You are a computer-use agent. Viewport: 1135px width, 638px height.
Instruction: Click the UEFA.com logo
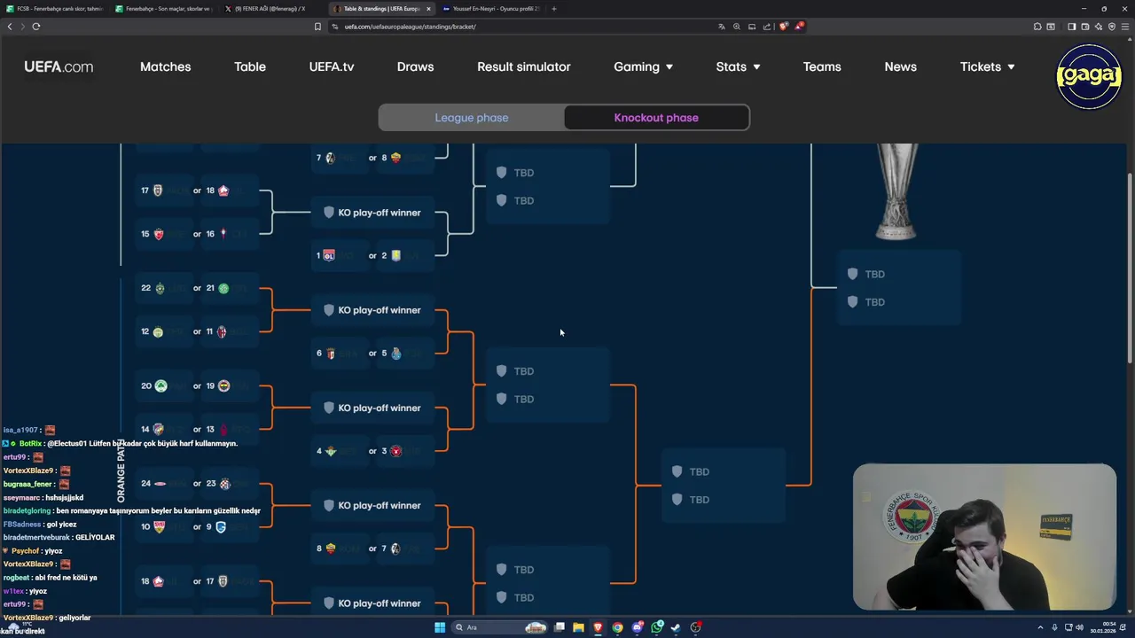coord(59,67)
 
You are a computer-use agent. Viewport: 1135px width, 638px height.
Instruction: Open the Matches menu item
coord(165,67)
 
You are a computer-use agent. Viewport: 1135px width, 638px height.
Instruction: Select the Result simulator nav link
coord(523,67)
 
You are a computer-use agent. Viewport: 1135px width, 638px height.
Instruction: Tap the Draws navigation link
coord(415,67)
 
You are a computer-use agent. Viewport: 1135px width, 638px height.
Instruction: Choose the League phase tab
coord(472,118)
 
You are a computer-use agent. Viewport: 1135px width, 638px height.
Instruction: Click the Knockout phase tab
coord(656,118)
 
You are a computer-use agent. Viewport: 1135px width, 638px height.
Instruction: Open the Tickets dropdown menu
coord(987,67)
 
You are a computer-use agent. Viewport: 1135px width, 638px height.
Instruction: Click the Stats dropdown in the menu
coord(738,67)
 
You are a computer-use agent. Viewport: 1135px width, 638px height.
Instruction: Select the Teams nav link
coord(822,67)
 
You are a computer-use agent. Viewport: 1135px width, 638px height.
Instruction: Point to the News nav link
coord(900,67)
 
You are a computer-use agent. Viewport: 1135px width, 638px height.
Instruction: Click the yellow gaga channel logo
coord(1089,76)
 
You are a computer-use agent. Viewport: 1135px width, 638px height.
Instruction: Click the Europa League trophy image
coord(896,191)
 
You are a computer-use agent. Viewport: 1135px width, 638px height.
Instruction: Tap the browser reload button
coord(36,27)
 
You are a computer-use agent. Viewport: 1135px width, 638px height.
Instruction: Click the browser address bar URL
coord(411,27)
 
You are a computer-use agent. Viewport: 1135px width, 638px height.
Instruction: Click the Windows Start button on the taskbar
coord(440,627)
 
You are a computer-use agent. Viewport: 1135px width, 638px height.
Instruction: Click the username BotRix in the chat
coord(31,443)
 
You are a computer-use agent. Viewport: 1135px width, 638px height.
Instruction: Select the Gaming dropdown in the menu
coord(643,67)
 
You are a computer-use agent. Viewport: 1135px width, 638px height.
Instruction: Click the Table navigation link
coord(250,67)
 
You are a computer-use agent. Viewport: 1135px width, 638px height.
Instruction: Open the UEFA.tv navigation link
coord(332,67)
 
